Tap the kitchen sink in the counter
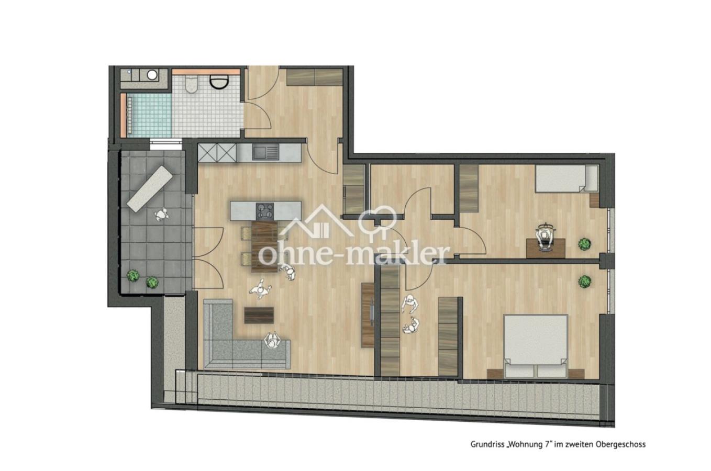265,153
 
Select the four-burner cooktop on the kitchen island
265,211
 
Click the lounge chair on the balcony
150,189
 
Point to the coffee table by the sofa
259,315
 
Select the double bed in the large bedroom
536,346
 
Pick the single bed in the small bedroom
566,178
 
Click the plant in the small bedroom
584,244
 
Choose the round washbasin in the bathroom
152,75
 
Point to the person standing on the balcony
162,215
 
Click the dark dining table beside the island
264,246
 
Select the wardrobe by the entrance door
315,77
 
